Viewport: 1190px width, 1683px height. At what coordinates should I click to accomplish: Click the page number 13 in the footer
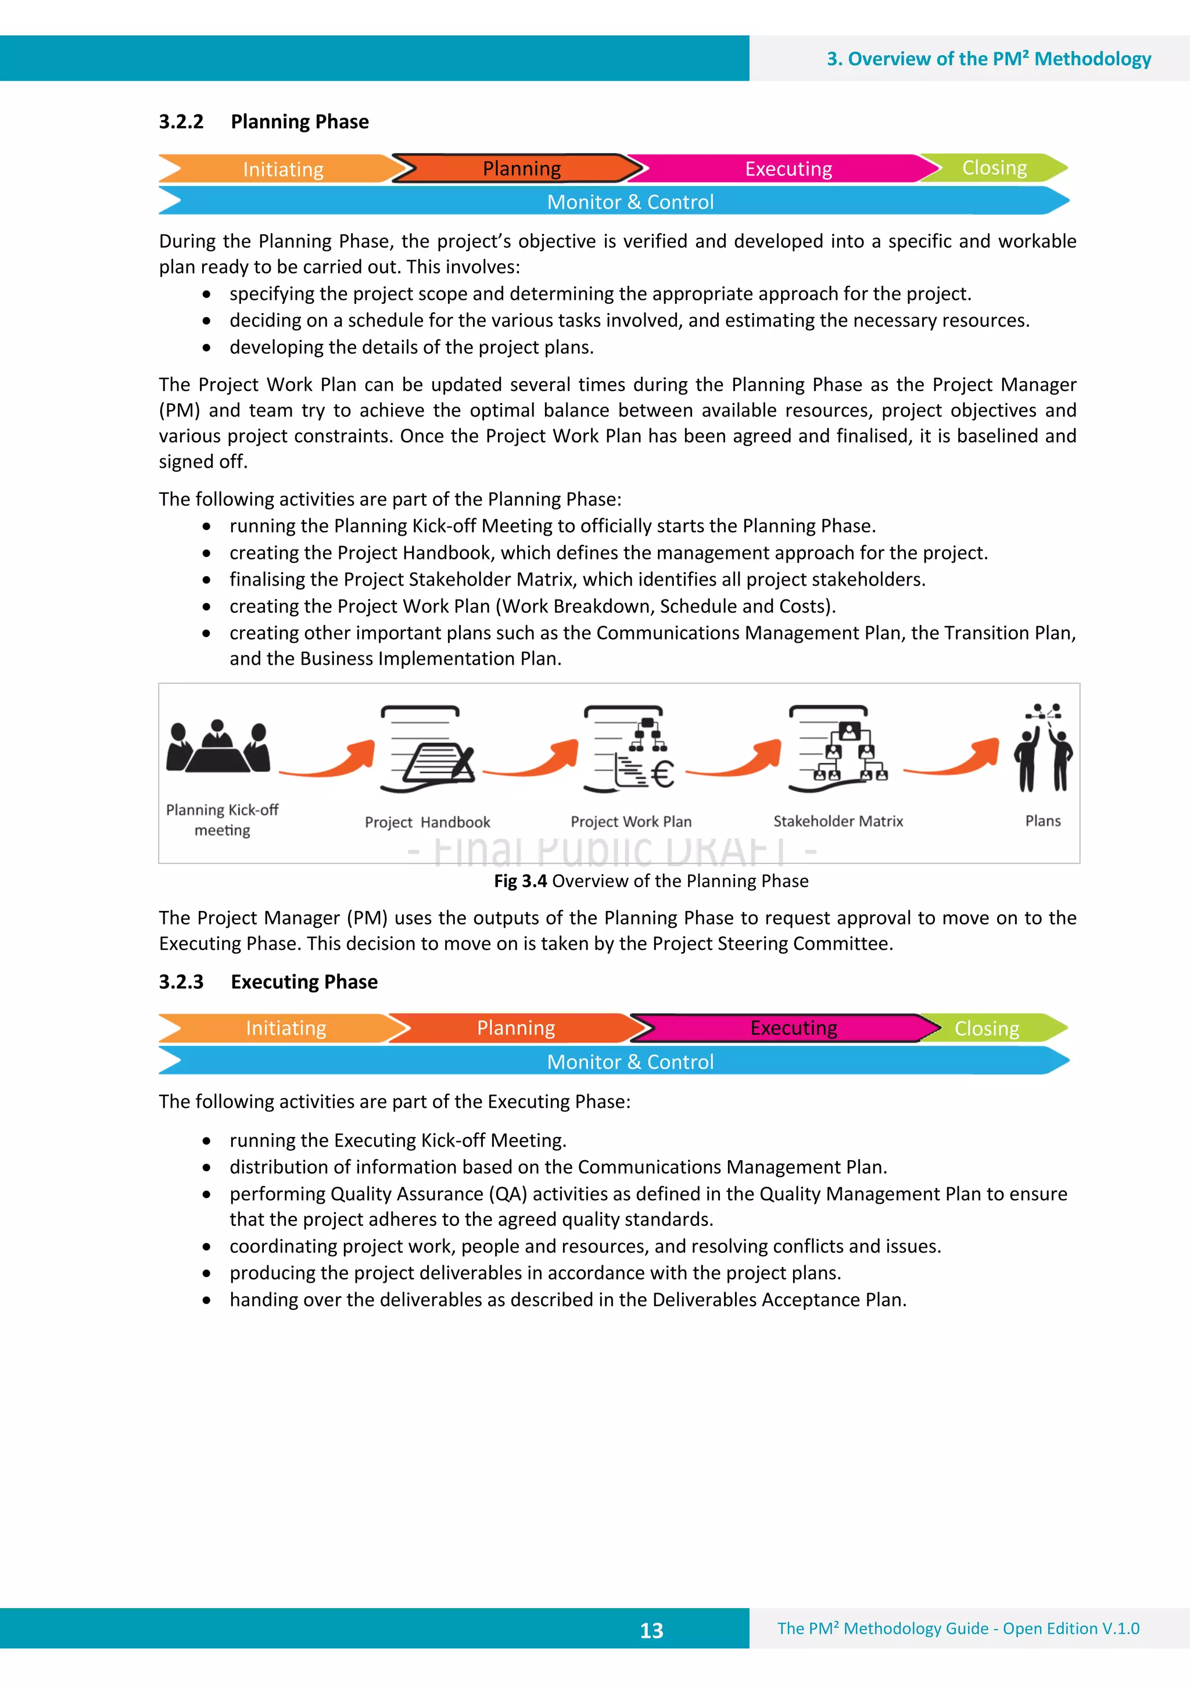pos(651,1630)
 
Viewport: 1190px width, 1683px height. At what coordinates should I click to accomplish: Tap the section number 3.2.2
pos(181,121)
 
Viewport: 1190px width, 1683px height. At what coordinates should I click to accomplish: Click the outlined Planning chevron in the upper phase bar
pos(521,168)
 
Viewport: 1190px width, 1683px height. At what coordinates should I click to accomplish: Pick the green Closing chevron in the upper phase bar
pos(994,168)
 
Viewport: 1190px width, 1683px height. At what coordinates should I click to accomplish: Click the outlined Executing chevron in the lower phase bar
pos(793,1028)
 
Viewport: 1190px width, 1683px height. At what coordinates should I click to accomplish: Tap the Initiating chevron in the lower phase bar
pos(285,1028)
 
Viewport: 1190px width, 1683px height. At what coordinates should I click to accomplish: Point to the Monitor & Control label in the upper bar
pos(630,202)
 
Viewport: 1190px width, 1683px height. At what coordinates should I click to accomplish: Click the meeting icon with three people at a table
pos(218,748)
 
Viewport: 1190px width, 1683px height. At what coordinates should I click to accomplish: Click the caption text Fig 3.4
pos(520,881)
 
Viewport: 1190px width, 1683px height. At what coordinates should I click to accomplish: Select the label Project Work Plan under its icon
pos(630,821)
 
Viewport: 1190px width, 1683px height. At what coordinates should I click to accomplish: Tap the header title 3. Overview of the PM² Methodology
pos(988,59)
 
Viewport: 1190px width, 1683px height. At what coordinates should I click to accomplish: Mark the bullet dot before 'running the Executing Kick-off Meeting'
pos(207,1142)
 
